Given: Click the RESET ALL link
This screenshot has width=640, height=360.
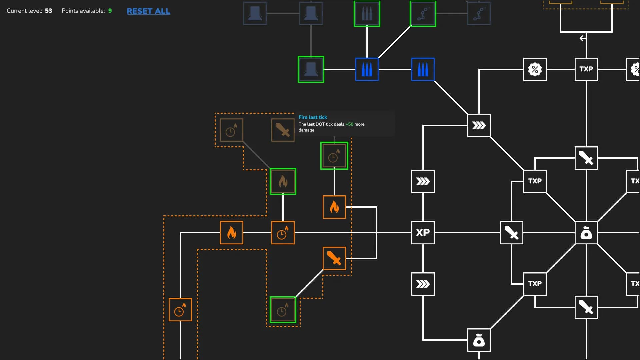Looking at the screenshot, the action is [x=148, y=11].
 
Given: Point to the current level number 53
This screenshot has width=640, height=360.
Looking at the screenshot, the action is [x=49, y=11].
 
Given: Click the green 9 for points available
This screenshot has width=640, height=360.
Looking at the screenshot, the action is [x=110, y=11].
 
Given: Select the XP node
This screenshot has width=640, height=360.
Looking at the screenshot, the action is [x=423, y=233].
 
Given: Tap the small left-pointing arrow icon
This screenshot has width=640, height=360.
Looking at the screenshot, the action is [x=582, y=38].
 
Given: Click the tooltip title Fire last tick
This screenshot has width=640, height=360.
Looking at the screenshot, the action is [x=313, y=117].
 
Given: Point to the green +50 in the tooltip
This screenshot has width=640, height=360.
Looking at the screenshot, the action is [x=349, y=124].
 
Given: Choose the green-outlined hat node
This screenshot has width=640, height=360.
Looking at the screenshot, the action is [x=311, y=69].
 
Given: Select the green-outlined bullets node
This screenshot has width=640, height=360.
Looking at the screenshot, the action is [x=367, y=14].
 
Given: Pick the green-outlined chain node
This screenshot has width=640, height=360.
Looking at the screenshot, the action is [x=423, y=14].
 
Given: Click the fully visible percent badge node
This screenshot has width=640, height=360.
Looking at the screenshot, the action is [x=535, y=69].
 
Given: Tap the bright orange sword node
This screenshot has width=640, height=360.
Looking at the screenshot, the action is [x=334, y=258].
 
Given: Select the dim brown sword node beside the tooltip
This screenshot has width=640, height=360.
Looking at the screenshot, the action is [x=283, y=130].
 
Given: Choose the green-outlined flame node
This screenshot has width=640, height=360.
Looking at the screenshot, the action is [x=283, y=181].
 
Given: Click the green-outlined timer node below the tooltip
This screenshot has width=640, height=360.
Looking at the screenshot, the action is [x=334, y=156].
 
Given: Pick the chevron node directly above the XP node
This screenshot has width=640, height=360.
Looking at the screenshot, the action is [x=423, y=181].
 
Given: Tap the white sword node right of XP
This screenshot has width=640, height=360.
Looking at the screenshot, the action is [x=512, y=233].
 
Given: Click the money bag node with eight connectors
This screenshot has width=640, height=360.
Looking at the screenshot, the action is [x=586, y=233].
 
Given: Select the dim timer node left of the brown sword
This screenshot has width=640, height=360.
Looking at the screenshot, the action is [x=232, y=130].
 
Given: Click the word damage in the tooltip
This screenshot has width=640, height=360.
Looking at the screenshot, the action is [x=306, y=130].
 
